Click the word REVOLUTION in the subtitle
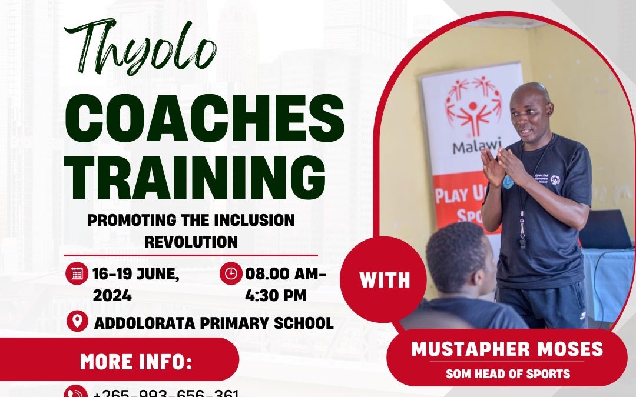click(191, 241)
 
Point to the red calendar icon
click(77, 273)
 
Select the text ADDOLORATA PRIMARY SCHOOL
click(213, 322)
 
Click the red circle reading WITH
click(385, 279)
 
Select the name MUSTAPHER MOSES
click(506, 349)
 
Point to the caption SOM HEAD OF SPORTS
click(506, 373)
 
